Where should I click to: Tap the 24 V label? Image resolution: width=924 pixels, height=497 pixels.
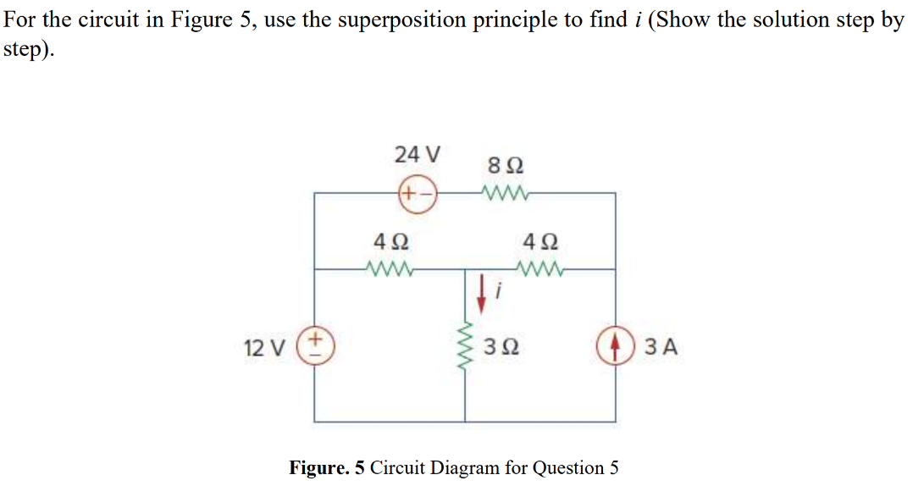click(x=418, y=155)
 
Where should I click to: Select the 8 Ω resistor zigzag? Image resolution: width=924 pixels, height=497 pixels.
click(x=506, y=194)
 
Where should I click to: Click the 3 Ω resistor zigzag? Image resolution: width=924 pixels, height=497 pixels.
click(x=465, y=346)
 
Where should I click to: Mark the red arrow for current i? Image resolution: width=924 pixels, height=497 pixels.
click(x=481, y=290)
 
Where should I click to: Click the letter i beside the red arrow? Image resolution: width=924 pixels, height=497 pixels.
click(x=500, y=291)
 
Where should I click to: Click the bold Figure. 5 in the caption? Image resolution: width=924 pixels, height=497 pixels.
click(x=327, y=467)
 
